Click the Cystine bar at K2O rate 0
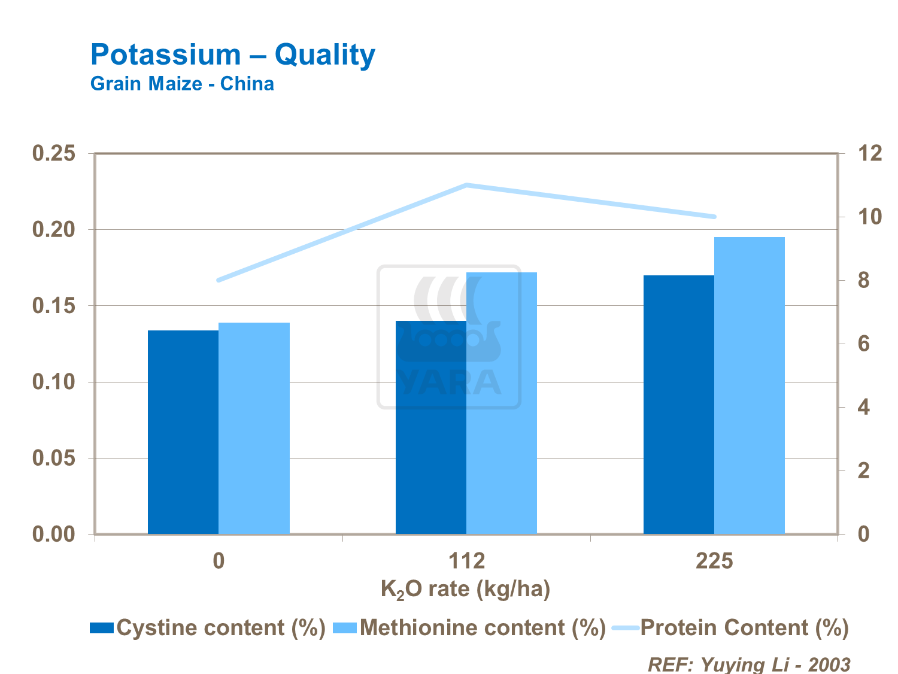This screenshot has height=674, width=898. [x=183, y=432]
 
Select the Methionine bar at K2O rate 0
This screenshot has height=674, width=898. [x=254, y=428]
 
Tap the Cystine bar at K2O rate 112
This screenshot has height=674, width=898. [x=431, y=427]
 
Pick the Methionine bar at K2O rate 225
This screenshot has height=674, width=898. [x=749, y=385]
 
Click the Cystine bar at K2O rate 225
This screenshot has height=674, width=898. [x=678, y=404]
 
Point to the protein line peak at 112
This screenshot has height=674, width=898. [x=466, y=185]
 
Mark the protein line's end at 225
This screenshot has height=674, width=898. [x=714, y=217]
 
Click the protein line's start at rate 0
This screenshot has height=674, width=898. [x=219, y=280]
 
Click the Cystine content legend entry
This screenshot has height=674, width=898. [x=207, y=628]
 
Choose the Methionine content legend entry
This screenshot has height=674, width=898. [x=469, y=628]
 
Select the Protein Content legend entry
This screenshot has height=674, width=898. [x=730, y=628]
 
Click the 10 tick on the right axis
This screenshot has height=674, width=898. [x=869, y=217]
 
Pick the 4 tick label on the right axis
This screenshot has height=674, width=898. [x=863, y=407]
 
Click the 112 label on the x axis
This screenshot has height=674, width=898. [x=466, y=561]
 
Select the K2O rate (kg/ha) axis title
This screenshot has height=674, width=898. [x=465, y=590]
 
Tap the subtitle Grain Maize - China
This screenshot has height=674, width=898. [x=182, y=84]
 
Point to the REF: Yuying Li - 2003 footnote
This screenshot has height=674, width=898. [x=749, y=664]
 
